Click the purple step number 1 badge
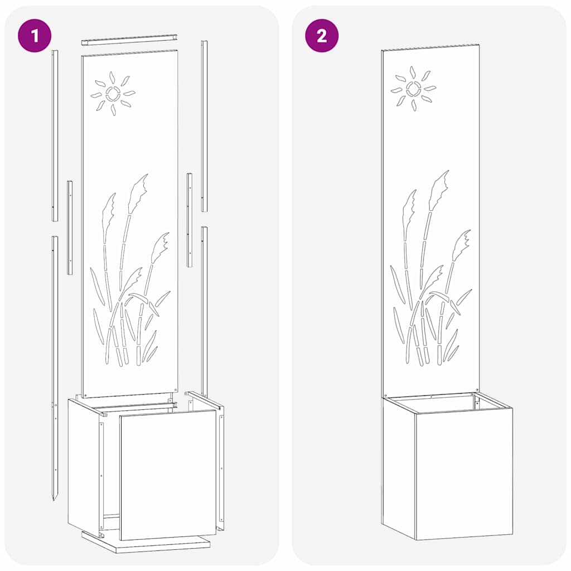[35, 36]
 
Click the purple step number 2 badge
[322, 36]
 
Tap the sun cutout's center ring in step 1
[113, 93]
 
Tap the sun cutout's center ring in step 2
[414, 88]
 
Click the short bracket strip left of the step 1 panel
[70, 228]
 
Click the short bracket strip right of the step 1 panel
[190, 220]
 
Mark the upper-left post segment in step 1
[55, 134]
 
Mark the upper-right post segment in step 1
[204, 125]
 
